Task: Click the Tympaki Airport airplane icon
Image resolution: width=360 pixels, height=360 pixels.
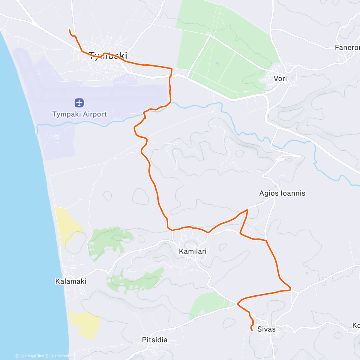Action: point(79,103)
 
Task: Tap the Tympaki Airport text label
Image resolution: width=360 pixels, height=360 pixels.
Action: point(79,114)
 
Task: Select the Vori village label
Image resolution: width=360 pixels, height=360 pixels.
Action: point(280,79)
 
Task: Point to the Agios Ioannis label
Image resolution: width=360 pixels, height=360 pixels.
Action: point(282,193)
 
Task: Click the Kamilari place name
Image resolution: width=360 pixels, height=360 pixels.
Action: point(193,251)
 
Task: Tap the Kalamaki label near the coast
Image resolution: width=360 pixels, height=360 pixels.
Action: point(71,281)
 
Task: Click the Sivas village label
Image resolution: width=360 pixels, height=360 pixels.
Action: point(266,329)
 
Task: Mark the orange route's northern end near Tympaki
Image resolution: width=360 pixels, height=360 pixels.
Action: point(70,30)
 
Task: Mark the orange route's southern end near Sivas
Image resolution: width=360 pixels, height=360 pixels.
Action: point(251,330)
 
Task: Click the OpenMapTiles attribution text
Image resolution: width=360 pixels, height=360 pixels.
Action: point(29,356)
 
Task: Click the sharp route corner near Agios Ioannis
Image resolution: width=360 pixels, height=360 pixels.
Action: point(247,210)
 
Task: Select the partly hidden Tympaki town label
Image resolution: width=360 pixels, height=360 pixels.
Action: point(108,56)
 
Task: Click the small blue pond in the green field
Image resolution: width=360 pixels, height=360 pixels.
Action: point(217,63)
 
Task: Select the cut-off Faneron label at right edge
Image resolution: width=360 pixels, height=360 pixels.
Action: point(347,47)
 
